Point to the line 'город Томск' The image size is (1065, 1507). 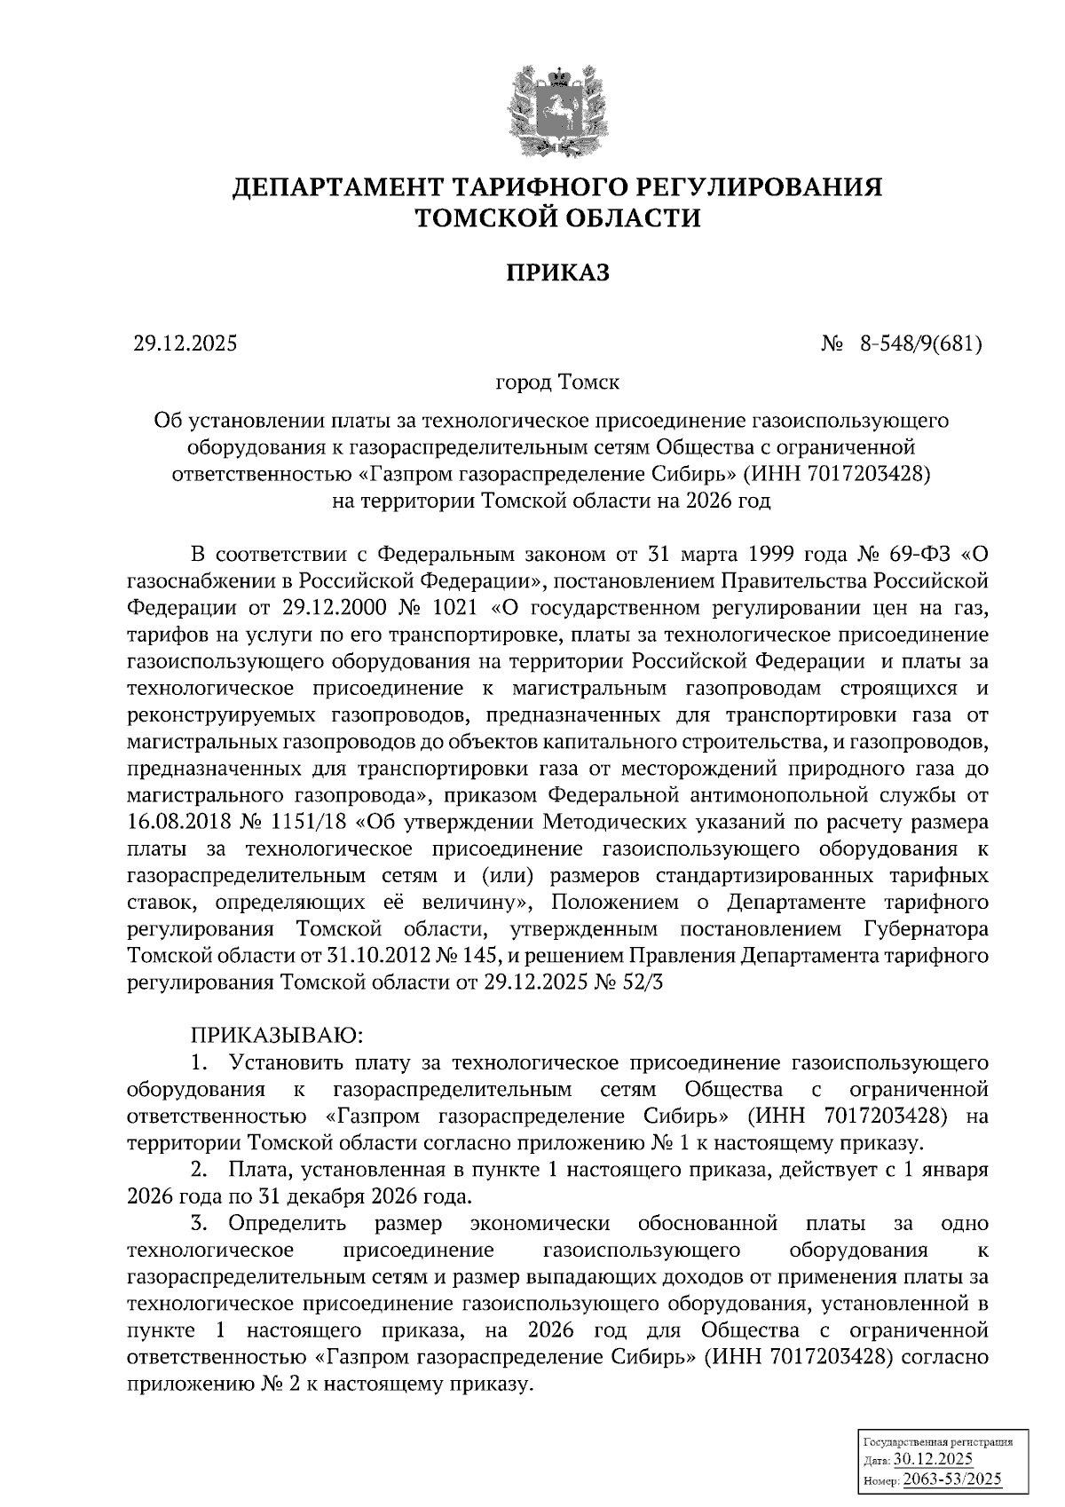(x=557, y=383)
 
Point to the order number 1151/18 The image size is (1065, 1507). (x=306, y=821)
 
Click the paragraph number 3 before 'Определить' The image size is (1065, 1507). (x=198, y=1224)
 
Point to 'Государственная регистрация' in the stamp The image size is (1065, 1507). (x=938, y=1443)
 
